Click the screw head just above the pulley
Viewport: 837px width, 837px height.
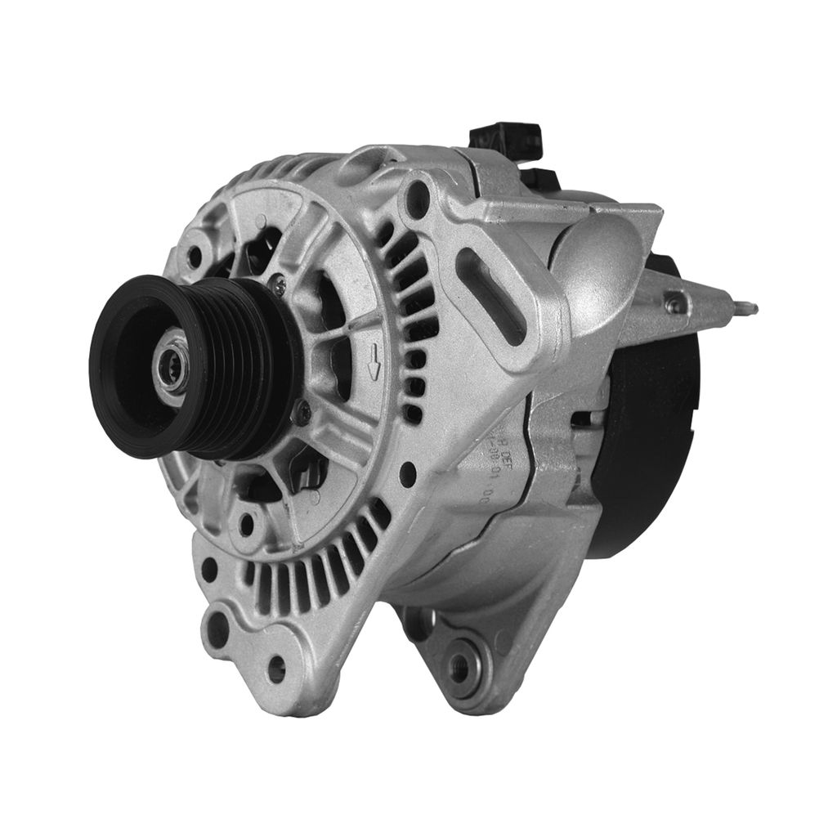coord(280,284)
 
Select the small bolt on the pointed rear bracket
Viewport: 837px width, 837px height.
coord(674,304)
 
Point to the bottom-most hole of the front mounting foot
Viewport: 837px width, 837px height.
coord(276,669)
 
